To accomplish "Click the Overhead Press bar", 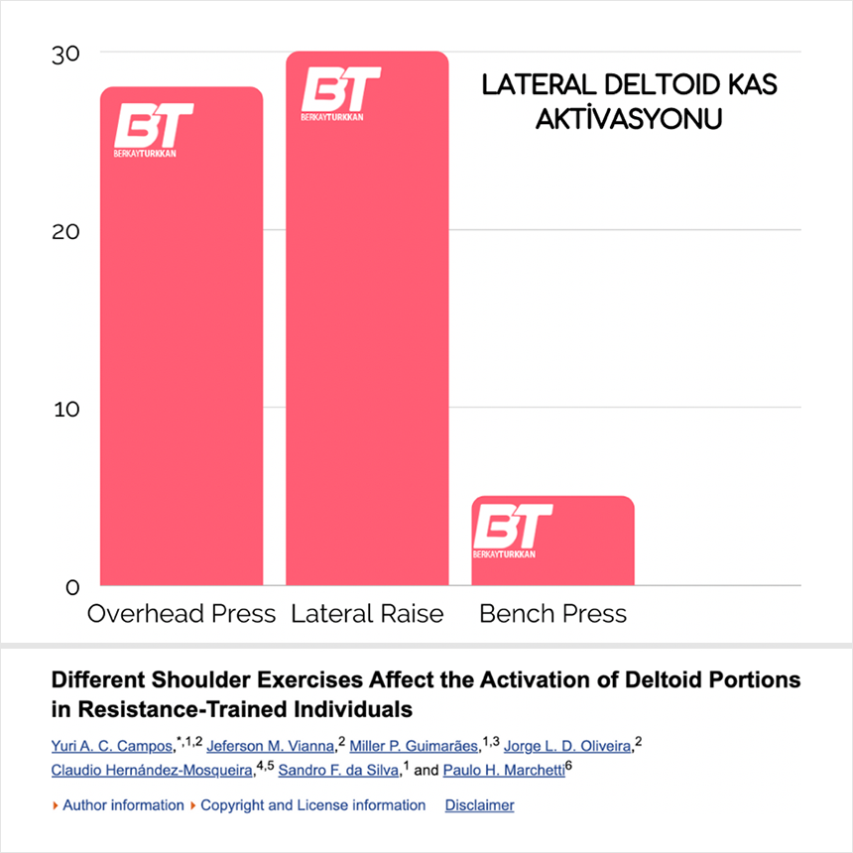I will [x=182, y=377].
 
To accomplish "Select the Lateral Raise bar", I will [x=367, y=377].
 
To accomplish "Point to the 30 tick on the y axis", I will [x=65, y=54].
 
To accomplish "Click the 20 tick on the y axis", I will [x=65, y=231].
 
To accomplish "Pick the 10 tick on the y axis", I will [x=65, y=409].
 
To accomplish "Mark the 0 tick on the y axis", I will [x=72, y=586].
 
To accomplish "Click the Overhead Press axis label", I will [x=182, y=614].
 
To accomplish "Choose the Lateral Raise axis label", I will [x=367, y=614].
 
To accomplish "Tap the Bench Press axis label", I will [x=552, y=614].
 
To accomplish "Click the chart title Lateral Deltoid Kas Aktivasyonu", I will [x=629, y=101].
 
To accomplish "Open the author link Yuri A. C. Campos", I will [x=110, y=746].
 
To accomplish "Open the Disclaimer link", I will [x=479, y=805].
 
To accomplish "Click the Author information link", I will [x=123, y=805].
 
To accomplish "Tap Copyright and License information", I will [x=312, y=805].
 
